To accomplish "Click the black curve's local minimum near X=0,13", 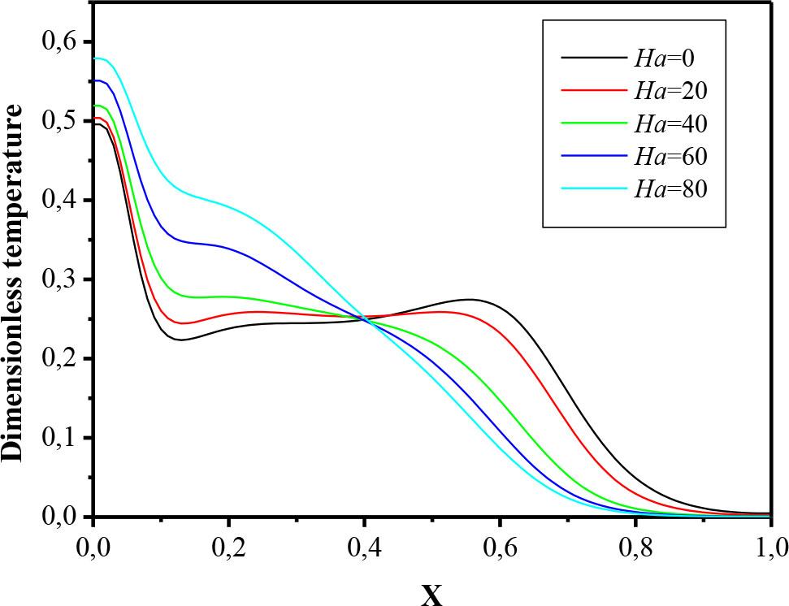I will click(181, 340).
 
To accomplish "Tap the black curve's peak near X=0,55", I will click(468, 300).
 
